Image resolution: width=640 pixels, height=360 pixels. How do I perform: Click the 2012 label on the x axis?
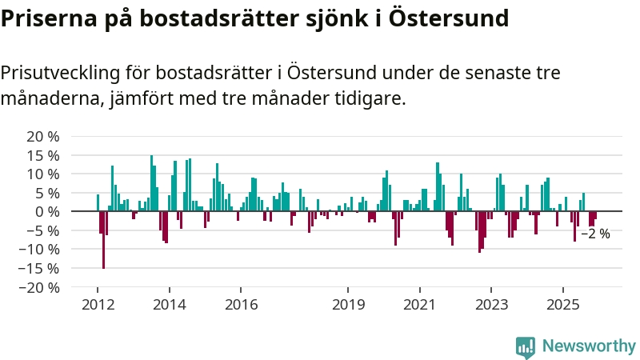[x=98, y=304]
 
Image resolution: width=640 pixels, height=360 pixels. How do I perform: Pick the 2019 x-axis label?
[x=348, y=304]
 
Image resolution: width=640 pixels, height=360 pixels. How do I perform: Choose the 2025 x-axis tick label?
[x=562, y=304]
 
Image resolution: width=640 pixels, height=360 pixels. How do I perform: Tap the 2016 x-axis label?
[x=241, y=304]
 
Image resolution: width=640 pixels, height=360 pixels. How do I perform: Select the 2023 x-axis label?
[x=491, y=304]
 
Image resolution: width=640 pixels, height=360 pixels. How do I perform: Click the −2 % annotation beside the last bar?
[x=595, y=234]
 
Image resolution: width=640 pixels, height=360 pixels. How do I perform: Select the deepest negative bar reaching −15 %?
[x=103, y=239]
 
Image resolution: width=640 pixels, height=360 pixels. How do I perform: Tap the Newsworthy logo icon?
[x=526, y=346]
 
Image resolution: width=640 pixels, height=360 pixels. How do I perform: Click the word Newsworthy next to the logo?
[x=589, y=346]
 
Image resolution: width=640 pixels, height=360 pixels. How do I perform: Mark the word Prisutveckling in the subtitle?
[x=61, y=74]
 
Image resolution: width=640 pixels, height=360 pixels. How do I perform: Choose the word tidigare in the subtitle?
[x=370, y=99]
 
